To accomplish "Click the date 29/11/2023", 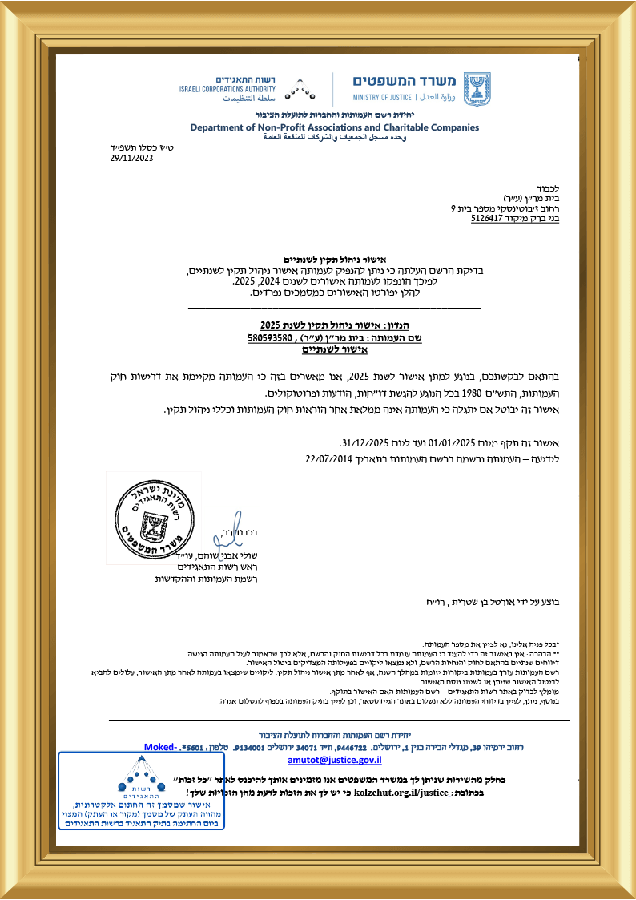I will pos(131,158).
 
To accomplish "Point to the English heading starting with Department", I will pos(334,127).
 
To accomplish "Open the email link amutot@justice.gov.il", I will pos(335,758).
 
